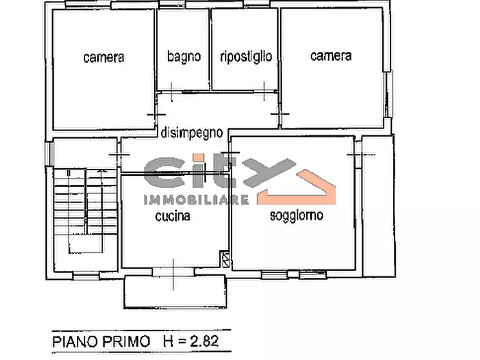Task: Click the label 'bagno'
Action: pos(183,56)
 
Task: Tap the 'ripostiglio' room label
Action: pos(246,56)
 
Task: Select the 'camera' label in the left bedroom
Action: pos(104,57)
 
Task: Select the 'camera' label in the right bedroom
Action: pos(331,55)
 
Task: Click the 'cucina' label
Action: pos(173,217)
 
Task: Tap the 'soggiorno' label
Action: pos(296,216)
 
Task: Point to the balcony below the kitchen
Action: pos(173,293)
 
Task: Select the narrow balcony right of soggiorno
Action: pos(378,206)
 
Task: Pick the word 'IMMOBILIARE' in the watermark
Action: pos(197,200)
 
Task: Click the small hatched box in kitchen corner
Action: pos(226,260)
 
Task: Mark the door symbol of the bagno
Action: pos(170,92)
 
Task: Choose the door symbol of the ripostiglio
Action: pos(265,92)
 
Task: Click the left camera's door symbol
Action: pos(154,114)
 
